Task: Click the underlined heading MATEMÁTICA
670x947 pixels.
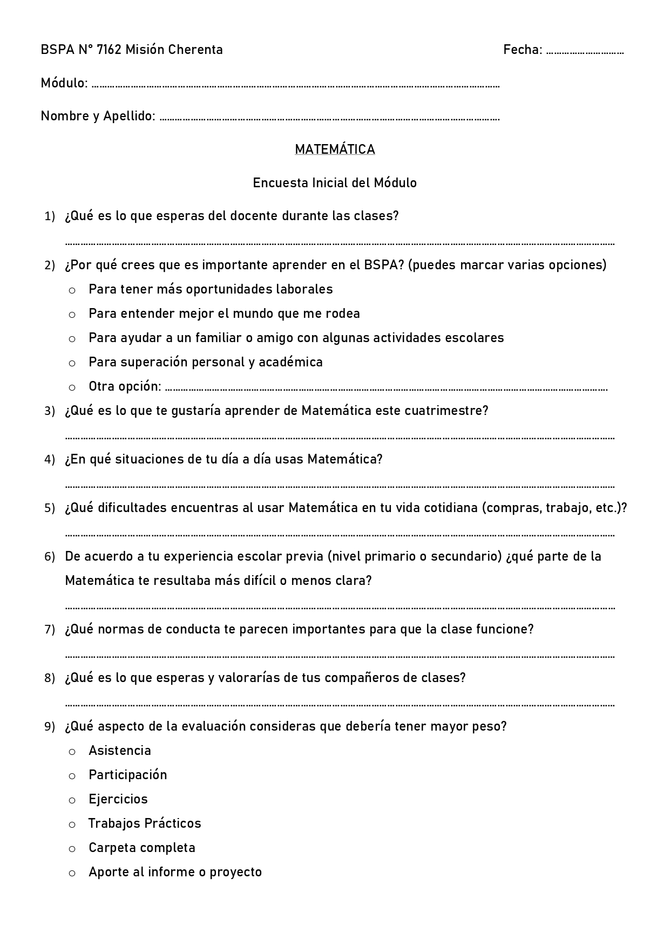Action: click(x=335, y=149)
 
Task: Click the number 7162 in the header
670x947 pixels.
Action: click(x=109, y=50)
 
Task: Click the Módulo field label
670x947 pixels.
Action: click(x=64, y=83)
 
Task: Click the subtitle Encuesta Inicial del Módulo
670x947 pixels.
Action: click(x=335, y=183)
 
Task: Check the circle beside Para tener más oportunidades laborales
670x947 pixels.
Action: click(x=72, y=290)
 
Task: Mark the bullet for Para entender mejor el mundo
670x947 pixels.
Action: click(x=72, y=315)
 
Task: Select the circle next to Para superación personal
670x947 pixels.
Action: click(x=72, y=363)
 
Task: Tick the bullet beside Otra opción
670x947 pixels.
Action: click(x=72, y=387)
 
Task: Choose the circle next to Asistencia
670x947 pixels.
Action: click(x=72, y=752)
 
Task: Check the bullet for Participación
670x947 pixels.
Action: click(x=72, y=776)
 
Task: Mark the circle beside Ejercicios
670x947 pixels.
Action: click(x=72, y=800)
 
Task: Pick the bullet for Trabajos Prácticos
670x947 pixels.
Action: click(x=72, y=825)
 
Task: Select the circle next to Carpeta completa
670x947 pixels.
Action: click(x=72, y=849)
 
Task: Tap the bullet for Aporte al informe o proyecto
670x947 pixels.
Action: click(x=72, y=873)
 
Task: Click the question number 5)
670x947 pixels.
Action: click(x=50, y=508)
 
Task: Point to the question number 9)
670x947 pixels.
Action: click(x=50, y=727)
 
